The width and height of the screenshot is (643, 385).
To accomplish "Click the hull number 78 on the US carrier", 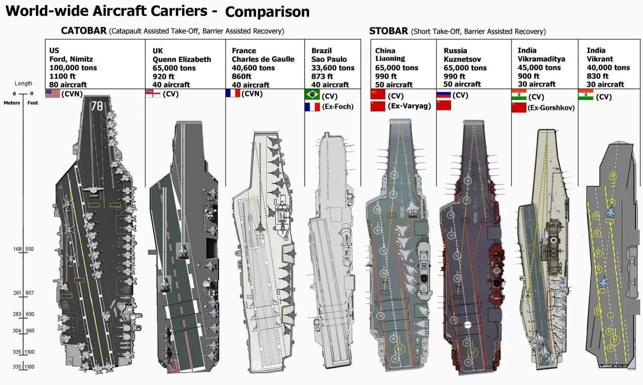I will [96, 106].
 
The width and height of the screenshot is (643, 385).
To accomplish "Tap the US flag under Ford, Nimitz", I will [52, 93].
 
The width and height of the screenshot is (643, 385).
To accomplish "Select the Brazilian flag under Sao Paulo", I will [312, 94].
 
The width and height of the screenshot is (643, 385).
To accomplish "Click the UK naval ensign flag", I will [153, 93].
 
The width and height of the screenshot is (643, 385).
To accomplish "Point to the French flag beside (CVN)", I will [233, 93].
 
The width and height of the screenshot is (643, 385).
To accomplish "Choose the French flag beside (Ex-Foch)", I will [312, 106].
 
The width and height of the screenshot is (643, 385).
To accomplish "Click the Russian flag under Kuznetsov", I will [444, 94].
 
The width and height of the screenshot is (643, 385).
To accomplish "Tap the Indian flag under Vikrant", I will [586, 95].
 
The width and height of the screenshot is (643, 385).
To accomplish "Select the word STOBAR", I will [388, 31].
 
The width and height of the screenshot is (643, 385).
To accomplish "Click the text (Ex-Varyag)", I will [410, 106].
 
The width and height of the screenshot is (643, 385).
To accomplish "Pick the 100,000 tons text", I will [73, 67].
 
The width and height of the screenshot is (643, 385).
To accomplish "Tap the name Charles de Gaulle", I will [263, 59].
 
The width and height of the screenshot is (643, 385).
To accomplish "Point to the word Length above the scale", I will [23, 83].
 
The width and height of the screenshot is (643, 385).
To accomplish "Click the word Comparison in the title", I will [267, 12].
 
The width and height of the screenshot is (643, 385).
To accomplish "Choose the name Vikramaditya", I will [541, 59].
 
